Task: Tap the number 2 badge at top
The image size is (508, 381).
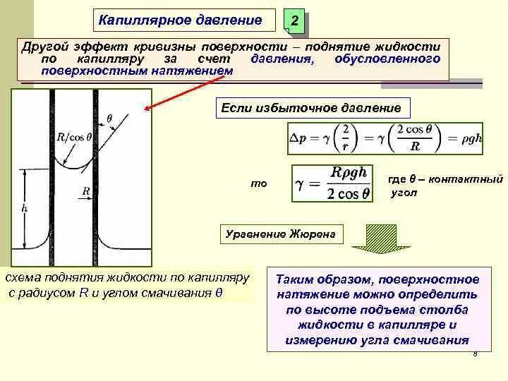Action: [x=294, y=24]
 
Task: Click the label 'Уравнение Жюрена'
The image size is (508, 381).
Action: [x=280, y=234]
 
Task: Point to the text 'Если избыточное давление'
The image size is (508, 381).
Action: [x=311, y=109]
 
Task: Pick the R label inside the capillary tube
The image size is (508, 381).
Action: [x=85, y=190]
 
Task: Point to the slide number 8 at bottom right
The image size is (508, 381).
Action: [x=476, y=353]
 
